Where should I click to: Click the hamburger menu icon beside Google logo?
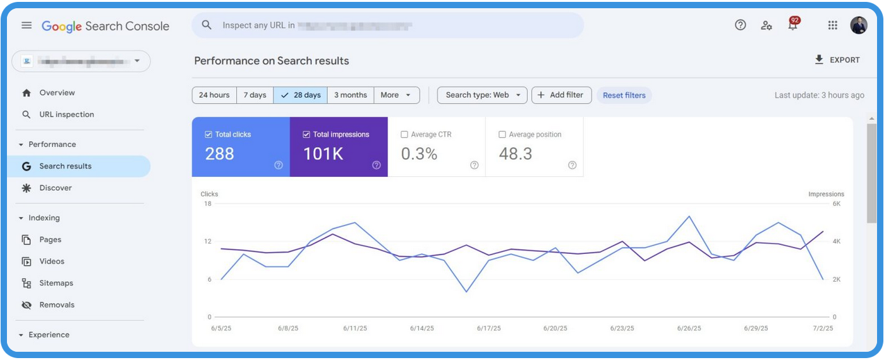(27, 25)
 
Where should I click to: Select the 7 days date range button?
(255, 95)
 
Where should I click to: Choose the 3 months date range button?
(350, 95)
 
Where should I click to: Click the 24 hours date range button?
(214, 95)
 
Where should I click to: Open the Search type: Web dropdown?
(483, 95)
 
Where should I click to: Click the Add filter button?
(561, 95)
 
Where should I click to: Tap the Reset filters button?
(624, 95)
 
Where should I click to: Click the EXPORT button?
(837, 60)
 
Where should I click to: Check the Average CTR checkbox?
(404, 135)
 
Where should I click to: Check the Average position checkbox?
(502, 135)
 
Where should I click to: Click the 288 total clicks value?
(220, 153)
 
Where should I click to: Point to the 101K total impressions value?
(324, 153)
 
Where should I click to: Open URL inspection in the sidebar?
(66, 114)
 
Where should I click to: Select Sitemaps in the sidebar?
(56, 283)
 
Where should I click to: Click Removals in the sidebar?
(57, 304)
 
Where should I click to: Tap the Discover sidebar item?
(56, 188)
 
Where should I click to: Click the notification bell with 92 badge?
(792, 25)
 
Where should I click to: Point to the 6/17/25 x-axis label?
(488, 328)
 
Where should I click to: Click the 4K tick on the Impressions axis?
(837, 241)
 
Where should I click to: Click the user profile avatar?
(859, 25)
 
